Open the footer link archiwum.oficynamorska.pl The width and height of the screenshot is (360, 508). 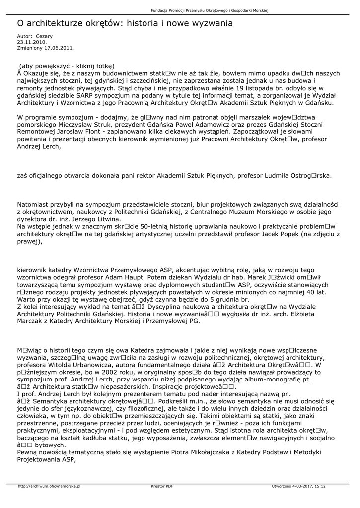[x=49, y=486]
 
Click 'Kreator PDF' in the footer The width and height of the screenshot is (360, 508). [x=162, y=486]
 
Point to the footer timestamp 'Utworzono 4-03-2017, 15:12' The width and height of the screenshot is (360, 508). [x=299, y=486]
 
